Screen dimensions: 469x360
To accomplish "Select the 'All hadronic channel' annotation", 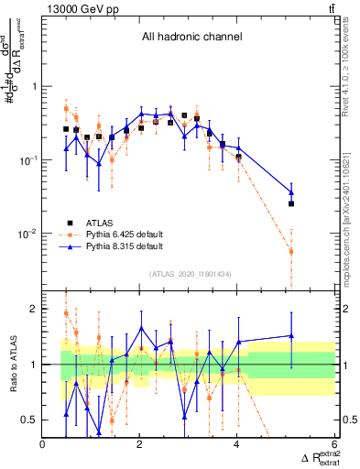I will tap(191, 38).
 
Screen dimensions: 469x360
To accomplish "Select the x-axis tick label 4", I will tap(237, 445).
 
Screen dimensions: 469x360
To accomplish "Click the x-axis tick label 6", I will tap(334, 445).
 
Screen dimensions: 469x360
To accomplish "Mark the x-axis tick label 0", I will tap(43, 445).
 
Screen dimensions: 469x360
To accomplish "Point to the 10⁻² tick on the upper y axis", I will tap(27, 234).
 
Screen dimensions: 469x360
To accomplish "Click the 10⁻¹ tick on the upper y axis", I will tap(27, 160).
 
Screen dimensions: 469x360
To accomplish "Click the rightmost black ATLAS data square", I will tap(291, 203).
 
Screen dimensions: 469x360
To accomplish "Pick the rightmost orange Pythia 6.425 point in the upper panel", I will tap(291, 251).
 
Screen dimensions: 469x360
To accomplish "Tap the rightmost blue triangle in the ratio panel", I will tap(291, 336).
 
